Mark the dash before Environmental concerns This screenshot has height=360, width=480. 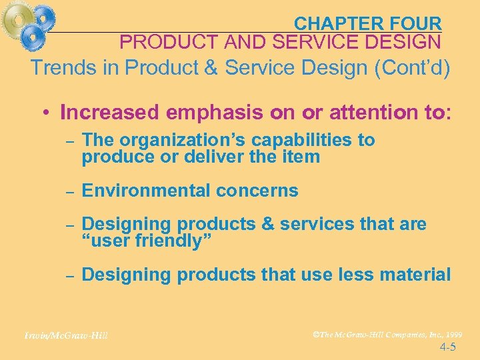coord(69,191)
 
